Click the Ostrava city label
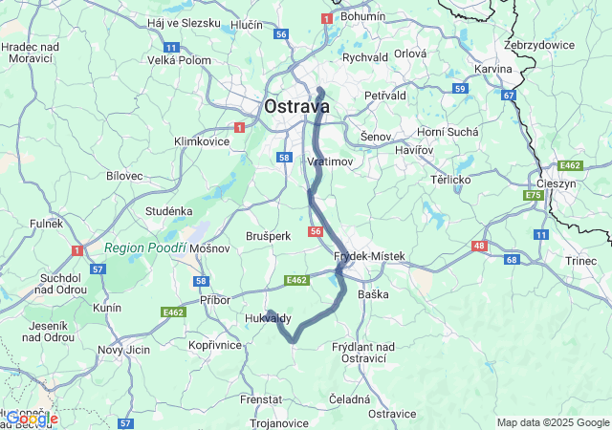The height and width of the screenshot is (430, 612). pos(296,106)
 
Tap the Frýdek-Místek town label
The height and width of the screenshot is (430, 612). pos(370,256)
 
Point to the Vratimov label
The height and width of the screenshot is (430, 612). pos(330,161)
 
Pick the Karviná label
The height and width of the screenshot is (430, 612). pos(493,70)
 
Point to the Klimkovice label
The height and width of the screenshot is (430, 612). pos(202,140)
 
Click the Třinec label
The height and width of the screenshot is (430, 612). pos(580,260)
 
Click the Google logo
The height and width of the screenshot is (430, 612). pos(31,418)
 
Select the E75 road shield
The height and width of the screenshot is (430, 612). pos(533,196)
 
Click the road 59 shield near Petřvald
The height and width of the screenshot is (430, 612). pos(460,89)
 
